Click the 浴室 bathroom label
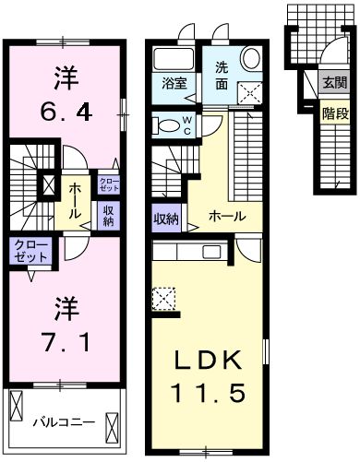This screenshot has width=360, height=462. click(x=174, y=83)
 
